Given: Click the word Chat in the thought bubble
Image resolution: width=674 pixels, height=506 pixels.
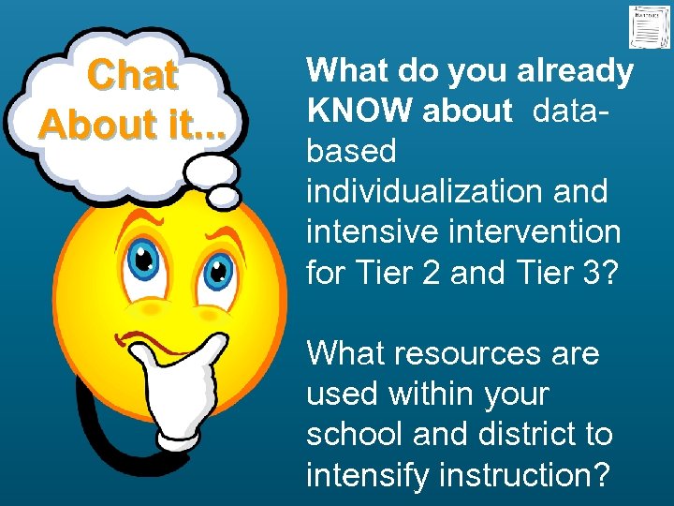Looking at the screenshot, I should [x=132, y=76].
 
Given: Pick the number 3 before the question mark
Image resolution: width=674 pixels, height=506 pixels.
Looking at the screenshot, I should [x=591, y=272].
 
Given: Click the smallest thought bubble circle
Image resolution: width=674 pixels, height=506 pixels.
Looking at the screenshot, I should [x=224, y=195].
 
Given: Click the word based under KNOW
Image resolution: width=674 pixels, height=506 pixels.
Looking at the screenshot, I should [x=352, y=151].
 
